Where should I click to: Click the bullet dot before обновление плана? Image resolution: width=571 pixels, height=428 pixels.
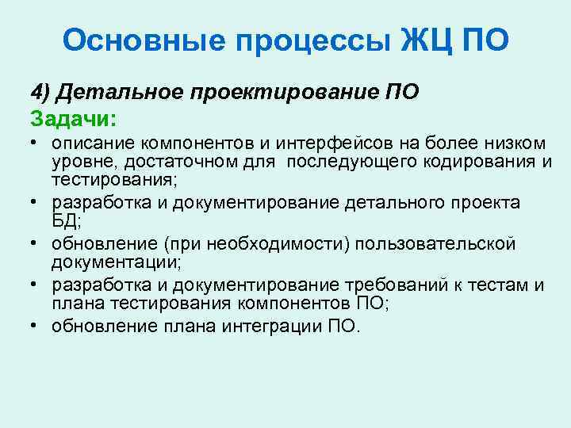36,325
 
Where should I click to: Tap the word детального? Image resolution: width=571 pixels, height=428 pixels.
393,203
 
